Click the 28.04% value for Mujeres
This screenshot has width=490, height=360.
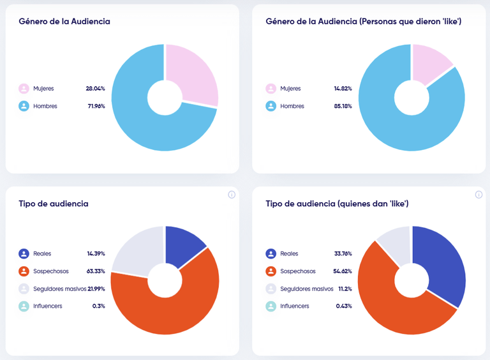95,89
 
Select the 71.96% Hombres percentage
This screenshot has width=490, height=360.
96,106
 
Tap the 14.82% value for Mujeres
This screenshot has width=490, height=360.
342,89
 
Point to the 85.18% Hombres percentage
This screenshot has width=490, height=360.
342,106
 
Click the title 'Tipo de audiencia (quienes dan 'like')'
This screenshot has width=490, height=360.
337,204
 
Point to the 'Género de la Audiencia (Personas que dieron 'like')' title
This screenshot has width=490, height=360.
363,22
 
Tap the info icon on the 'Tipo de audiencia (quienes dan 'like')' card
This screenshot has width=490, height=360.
479,195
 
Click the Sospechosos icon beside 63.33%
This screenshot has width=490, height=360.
24,271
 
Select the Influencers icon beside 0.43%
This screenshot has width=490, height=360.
271,306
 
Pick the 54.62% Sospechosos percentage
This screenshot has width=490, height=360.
342,271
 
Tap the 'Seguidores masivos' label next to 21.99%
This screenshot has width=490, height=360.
58,289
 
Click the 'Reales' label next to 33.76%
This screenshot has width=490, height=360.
289,253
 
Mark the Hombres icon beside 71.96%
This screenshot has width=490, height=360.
24,106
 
